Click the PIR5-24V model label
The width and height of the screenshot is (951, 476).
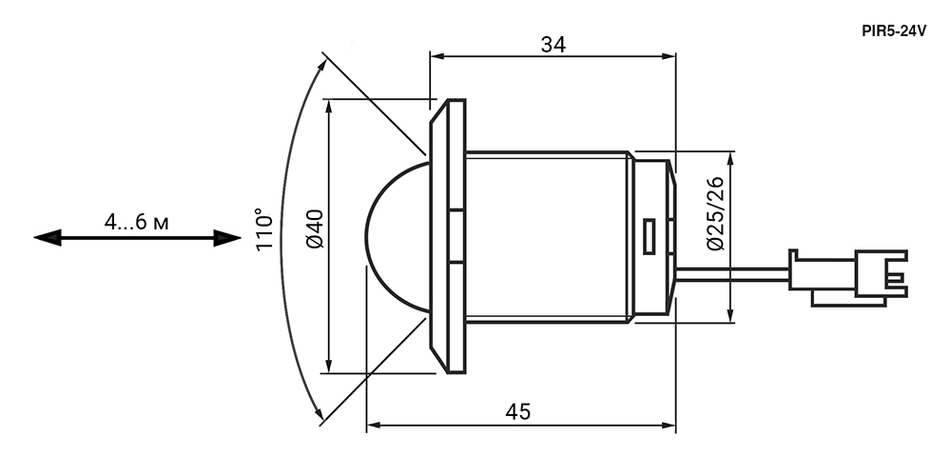pyautogui.click(x=894, y=30)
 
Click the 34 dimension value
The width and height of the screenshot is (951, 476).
pyautogui.click(x=553, y=44)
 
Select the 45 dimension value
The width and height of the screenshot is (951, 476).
pyautogui.click(x=518, y=412)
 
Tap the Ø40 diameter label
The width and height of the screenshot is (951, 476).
pyautogui.click(x=317, y=229)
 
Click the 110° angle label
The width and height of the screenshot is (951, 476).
pyautogui.click(x=265, y=229)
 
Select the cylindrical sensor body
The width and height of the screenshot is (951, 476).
pyautogui.click(x=547, y=237)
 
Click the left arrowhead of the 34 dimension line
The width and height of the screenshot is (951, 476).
pyautogui.click(x=437, y=56)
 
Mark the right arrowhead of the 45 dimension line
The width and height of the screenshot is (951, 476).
pyautogui.click(x=670, y=426)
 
